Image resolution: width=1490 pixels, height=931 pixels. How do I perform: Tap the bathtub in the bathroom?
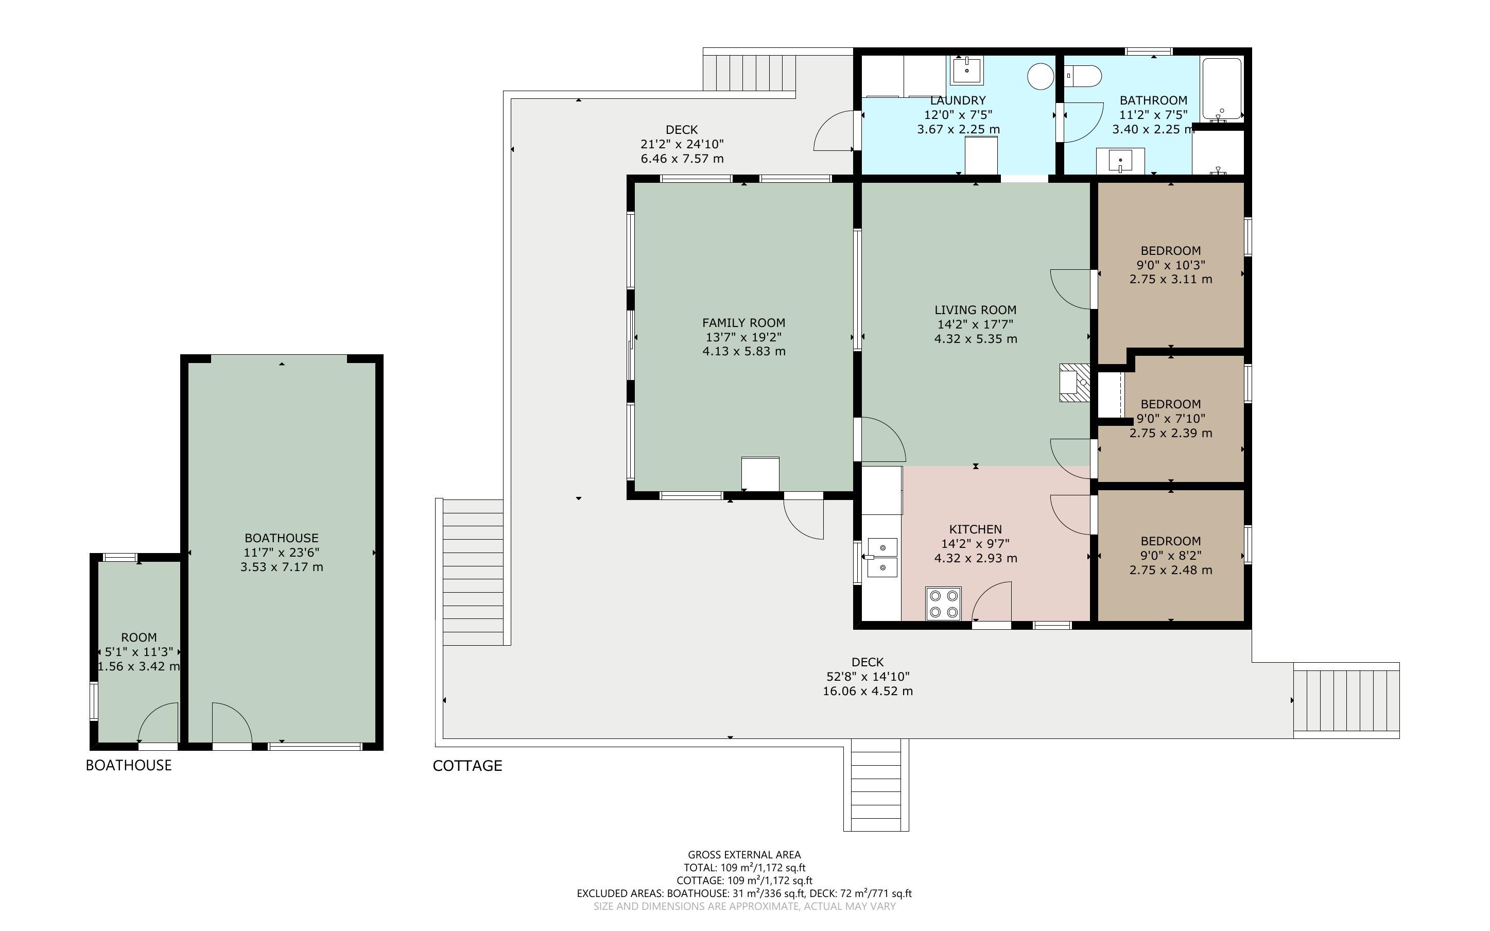pos(1222,88)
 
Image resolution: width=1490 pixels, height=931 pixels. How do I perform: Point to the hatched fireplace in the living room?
pos(1075,383)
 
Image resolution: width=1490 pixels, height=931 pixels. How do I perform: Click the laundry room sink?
pos(967,70)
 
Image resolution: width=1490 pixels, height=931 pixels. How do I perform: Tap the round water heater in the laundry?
pos(1041,76)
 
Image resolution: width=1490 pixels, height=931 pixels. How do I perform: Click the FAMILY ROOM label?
pos(743,323)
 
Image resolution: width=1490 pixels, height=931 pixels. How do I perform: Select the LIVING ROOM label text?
pos(976,309)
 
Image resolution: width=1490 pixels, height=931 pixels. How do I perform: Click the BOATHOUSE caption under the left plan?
pos(129,765)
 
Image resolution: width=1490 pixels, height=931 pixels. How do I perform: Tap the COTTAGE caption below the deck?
pos(467,765)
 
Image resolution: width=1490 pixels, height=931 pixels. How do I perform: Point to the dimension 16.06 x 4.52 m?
pos(868,691)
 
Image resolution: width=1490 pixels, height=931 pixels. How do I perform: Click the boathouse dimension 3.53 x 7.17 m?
pos(282,566)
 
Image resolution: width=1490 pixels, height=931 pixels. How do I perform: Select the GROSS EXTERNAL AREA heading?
pos(744,855)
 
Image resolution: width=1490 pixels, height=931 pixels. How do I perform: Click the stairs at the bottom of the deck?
pos(876,785)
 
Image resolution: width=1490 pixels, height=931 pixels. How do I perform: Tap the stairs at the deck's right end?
pos(1346,700)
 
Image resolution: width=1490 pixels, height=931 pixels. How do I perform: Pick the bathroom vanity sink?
pos(1121,161)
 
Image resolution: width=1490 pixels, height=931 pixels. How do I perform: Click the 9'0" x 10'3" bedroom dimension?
pos(1171,265)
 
